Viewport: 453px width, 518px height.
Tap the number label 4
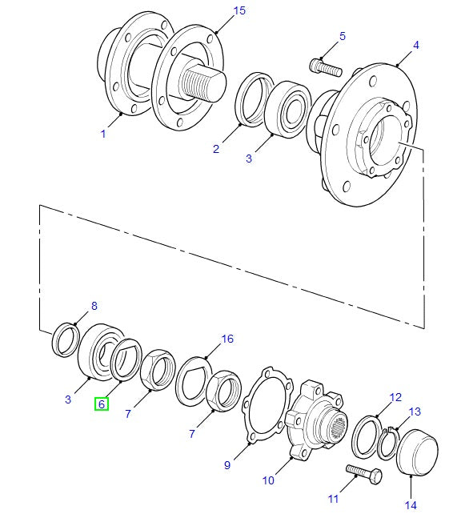tap(415, 46)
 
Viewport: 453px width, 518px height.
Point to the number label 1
tap(102, 134)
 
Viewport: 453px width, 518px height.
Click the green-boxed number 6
tap(102, 404)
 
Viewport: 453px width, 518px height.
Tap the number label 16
tap(227, 339)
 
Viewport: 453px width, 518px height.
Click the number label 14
tap(411, 504)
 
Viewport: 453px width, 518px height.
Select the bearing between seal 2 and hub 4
tap(283, 107)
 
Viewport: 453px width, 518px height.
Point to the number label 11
tap(334, 498)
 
